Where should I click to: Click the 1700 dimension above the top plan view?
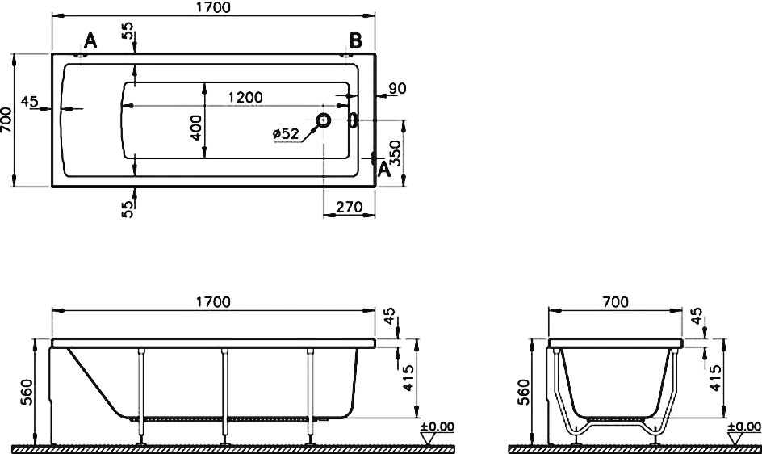point(213,7)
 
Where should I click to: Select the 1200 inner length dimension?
point(245,97)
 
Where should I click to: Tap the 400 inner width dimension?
point(196,128)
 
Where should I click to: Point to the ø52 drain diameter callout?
point(286,132)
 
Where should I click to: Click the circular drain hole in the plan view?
point(323,120)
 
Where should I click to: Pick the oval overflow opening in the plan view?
point(354,120)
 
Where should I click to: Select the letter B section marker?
point(356,41)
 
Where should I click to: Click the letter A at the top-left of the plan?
point(90,41)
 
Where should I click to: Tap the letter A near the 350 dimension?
point(384,170)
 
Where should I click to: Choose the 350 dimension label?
point(396,153)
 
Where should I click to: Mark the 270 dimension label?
point(350,208)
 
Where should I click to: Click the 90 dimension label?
point(397,89)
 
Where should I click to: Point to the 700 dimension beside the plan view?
point(6,120)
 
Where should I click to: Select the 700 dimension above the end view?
point(615,302)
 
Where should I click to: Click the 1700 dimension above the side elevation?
point(213,302)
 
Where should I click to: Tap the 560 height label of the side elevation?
point(27,393)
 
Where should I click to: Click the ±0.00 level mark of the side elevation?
point(438,427)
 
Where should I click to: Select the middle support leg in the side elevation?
point(225,397)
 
